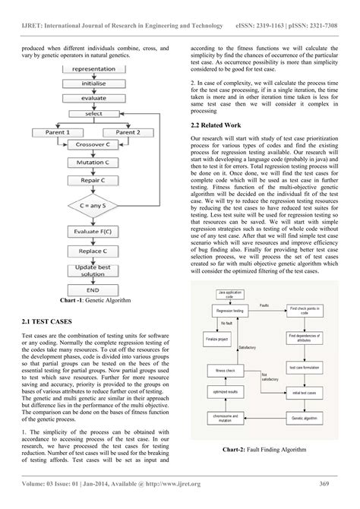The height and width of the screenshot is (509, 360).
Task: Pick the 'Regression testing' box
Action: click(232, 311)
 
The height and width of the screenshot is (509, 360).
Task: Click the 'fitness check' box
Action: click(224, 389)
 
